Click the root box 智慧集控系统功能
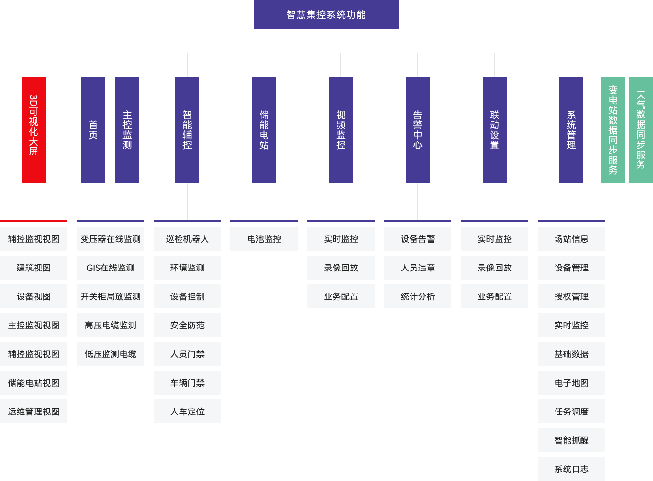[326, 14]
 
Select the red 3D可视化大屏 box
[33, 129]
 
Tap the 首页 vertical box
[93, 129]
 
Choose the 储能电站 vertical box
[264, 129]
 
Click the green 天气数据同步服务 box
[641, 129]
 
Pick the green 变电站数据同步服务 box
[613, 129]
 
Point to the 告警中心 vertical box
[417, 129]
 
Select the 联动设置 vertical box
[494, 129]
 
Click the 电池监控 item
[264, 239]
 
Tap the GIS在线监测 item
[110, 268]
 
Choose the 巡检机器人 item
[187, 239]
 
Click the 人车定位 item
[187, 411]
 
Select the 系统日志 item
[571, 469]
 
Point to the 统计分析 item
[417, 296]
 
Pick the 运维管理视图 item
[34, 411]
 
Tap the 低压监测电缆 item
[110, 354]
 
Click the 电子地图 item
[571, 383]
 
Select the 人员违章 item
[417, 268]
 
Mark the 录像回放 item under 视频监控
[340, 268]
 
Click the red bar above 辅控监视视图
[34, 221]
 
